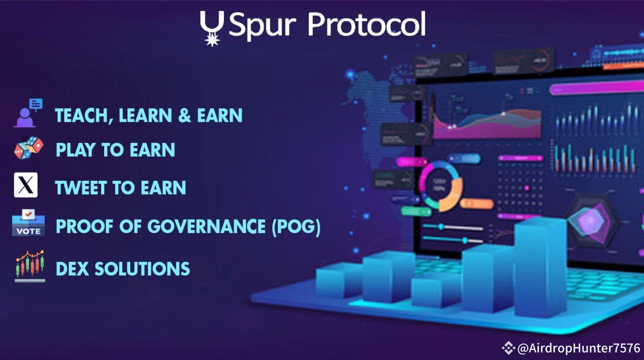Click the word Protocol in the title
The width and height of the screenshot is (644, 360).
[366, 25]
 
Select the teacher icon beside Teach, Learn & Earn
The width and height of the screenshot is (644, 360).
[28, 113]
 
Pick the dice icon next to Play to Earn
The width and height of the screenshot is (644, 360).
[29, 149]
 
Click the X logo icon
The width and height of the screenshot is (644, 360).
[26, 185]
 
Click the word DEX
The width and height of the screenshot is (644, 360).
[72, 268]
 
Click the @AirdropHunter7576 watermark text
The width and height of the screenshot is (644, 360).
[578, 348]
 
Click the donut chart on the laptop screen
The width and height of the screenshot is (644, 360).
[441, 185]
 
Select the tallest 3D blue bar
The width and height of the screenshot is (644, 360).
[540, 267]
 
